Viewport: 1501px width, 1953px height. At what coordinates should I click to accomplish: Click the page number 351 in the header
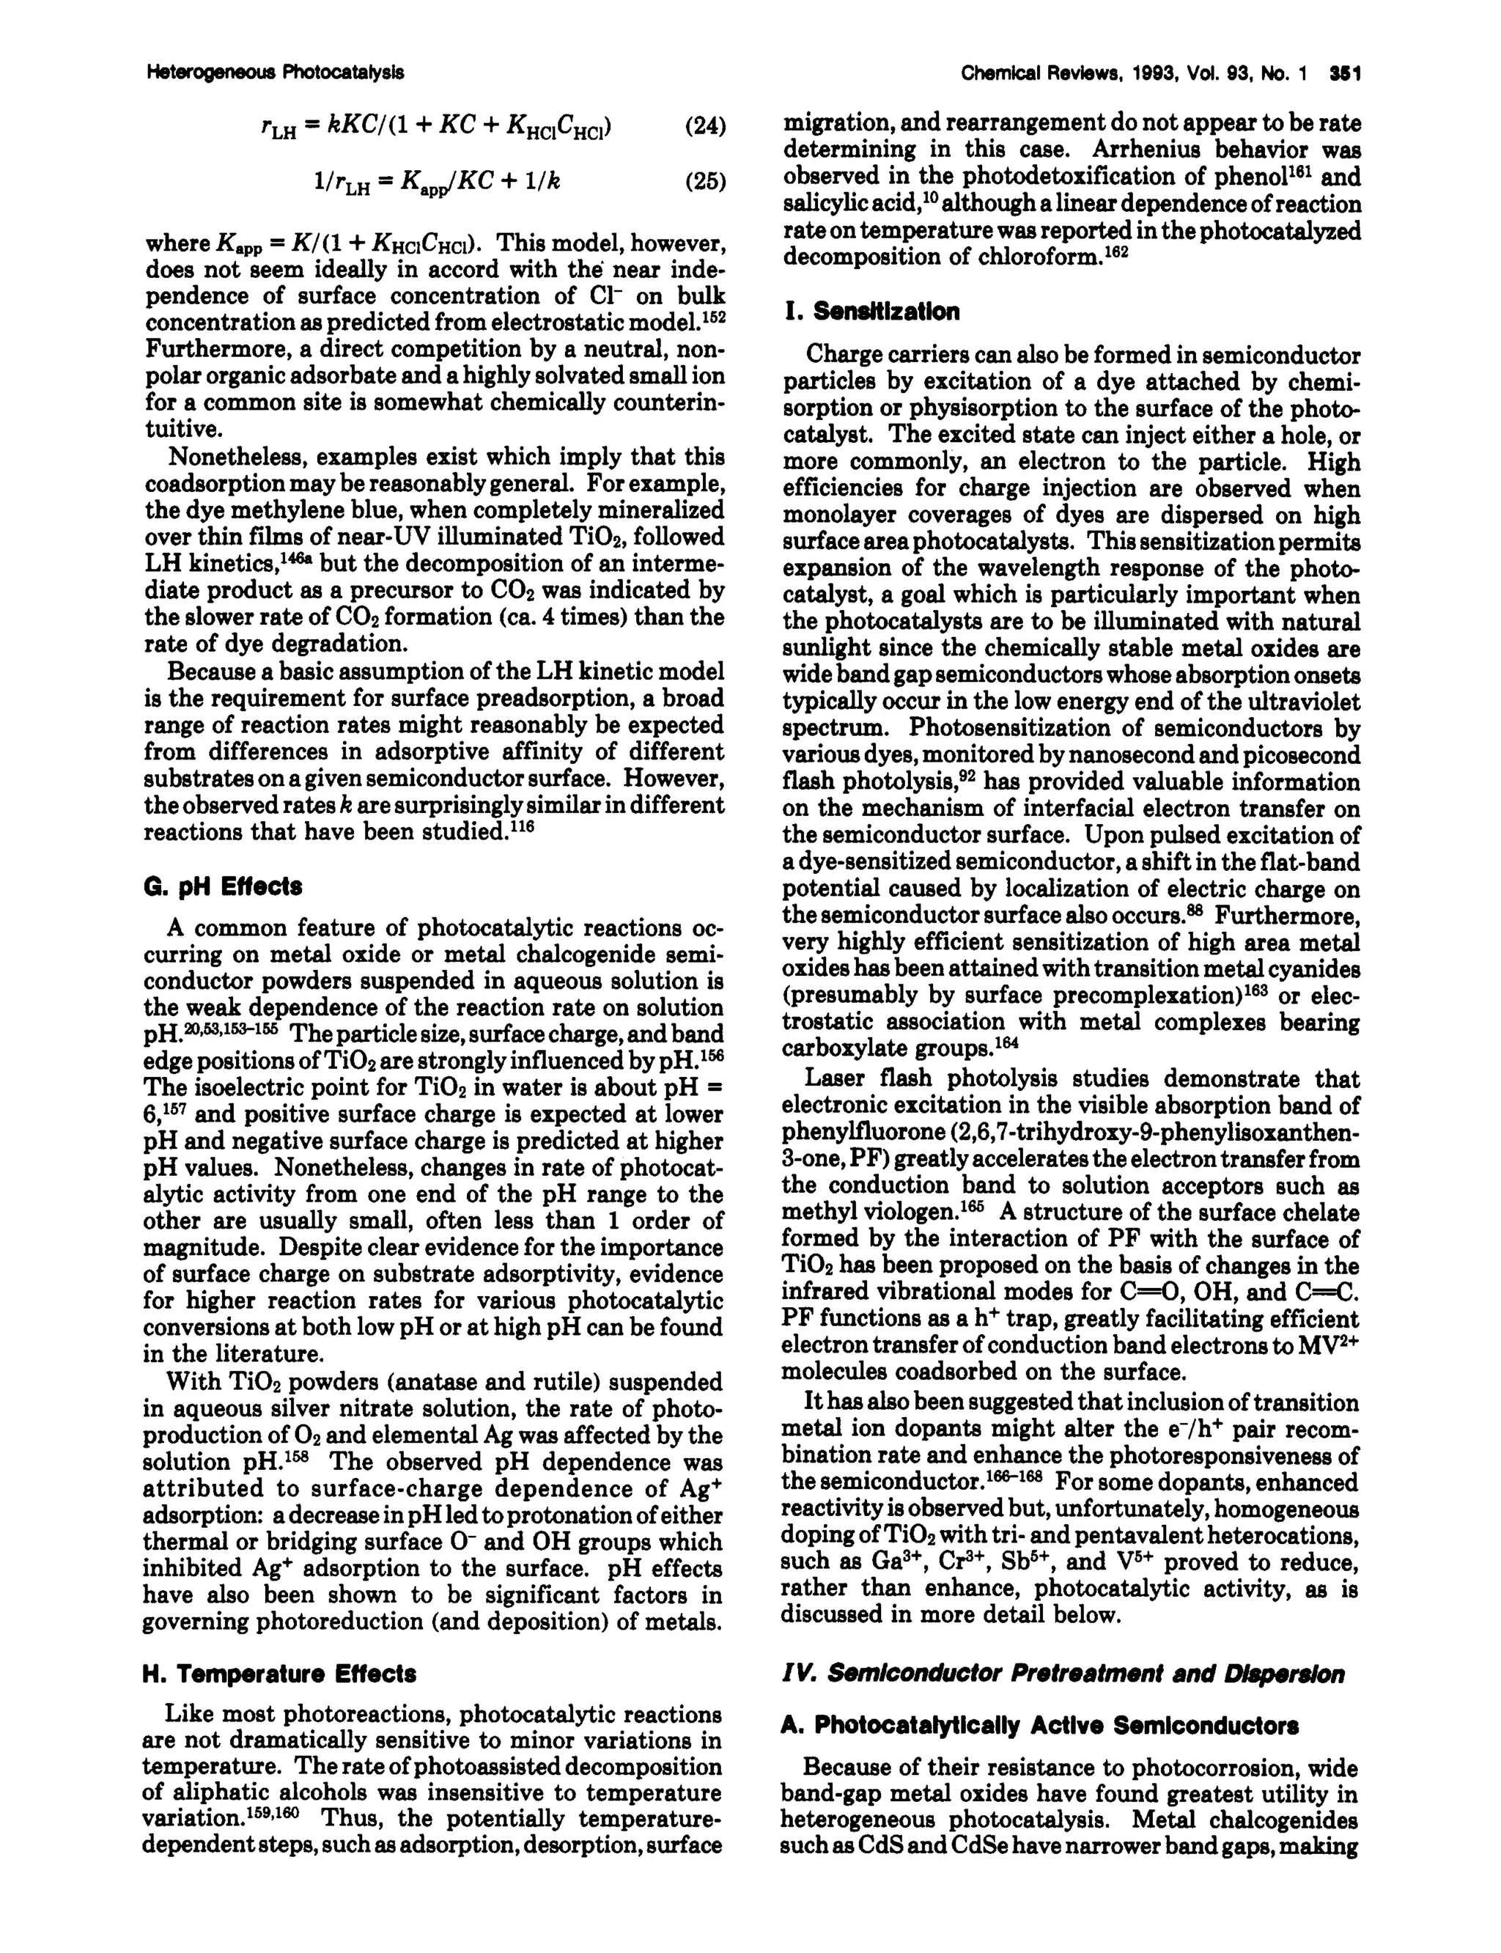1343,73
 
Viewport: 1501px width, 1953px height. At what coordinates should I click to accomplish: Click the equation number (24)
705,126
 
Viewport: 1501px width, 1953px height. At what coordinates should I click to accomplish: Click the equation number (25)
705,182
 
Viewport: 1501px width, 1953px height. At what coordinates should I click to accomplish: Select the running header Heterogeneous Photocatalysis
274,73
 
